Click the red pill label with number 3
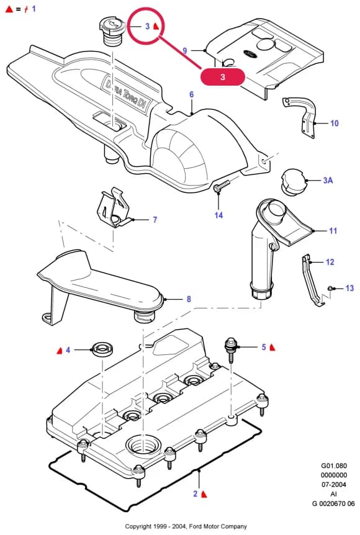(222, 76)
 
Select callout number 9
(184, 50)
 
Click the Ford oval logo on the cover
(250, 53)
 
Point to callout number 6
(191, 94)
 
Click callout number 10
(335, 123)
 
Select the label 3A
(328, 180)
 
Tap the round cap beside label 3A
(293, 182)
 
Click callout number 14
(218, 215)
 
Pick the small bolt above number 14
(222, 186)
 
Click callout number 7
(155, 220)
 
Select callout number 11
(333, 231)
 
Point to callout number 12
(330, 262)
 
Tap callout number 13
(350, 289)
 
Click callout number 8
(189, 299)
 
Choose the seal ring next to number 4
(102, 351)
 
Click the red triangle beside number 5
(272, 348)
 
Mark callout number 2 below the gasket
(195, 493)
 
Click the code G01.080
(334, 465)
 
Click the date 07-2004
(334, 485)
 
